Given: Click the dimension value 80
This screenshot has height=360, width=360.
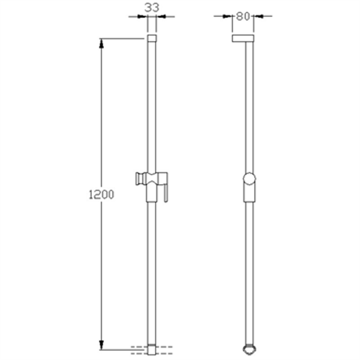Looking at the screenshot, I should tap(243, 16).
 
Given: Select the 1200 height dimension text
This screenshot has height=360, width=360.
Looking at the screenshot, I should tap(101, 195).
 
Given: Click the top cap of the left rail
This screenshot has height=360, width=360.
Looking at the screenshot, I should tap(151, 38).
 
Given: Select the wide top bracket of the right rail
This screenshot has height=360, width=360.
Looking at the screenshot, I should tap(243, 38).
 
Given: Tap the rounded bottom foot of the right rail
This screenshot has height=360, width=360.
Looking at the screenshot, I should tap(249, 349).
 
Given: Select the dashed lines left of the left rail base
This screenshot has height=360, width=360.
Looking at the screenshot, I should tap(138, 350).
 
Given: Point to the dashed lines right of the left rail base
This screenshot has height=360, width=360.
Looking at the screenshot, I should tap(165, 350).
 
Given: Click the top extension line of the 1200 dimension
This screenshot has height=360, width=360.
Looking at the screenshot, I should tap(123, 38).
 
